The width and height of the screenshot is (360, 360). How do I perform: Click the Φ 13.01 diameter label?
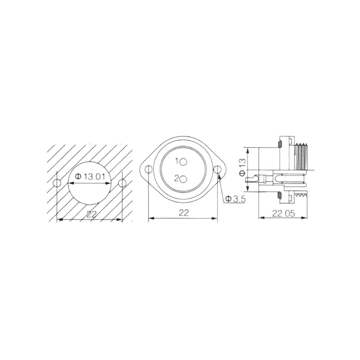[x=90, y=176]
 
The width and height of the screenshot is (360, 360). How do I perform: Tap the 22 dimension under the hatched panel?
[x=91, y=214]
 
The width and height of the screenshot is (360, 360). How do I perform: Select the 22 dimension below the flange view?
[x=184, y=213]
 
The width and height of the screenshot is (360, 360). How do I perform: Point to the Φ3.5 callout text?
[x=235, y=199]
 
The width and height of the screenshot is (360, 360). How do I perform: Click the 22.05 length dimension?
[x=283, y=213]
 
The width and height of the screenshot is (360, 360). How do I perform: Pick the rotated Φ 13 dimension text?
[x=242, y=167]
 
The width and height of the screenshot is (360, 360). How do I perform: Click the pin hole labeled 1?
[x=184, y=162]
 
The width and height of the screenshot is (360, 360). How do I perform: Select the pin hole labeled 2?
[x=184, y=180]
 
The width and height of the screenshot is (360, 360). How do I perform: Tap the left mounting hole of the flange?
[x=149, y=170]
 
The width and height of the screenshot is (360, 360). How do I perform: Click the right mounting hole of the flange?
[x=217, y=170]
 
